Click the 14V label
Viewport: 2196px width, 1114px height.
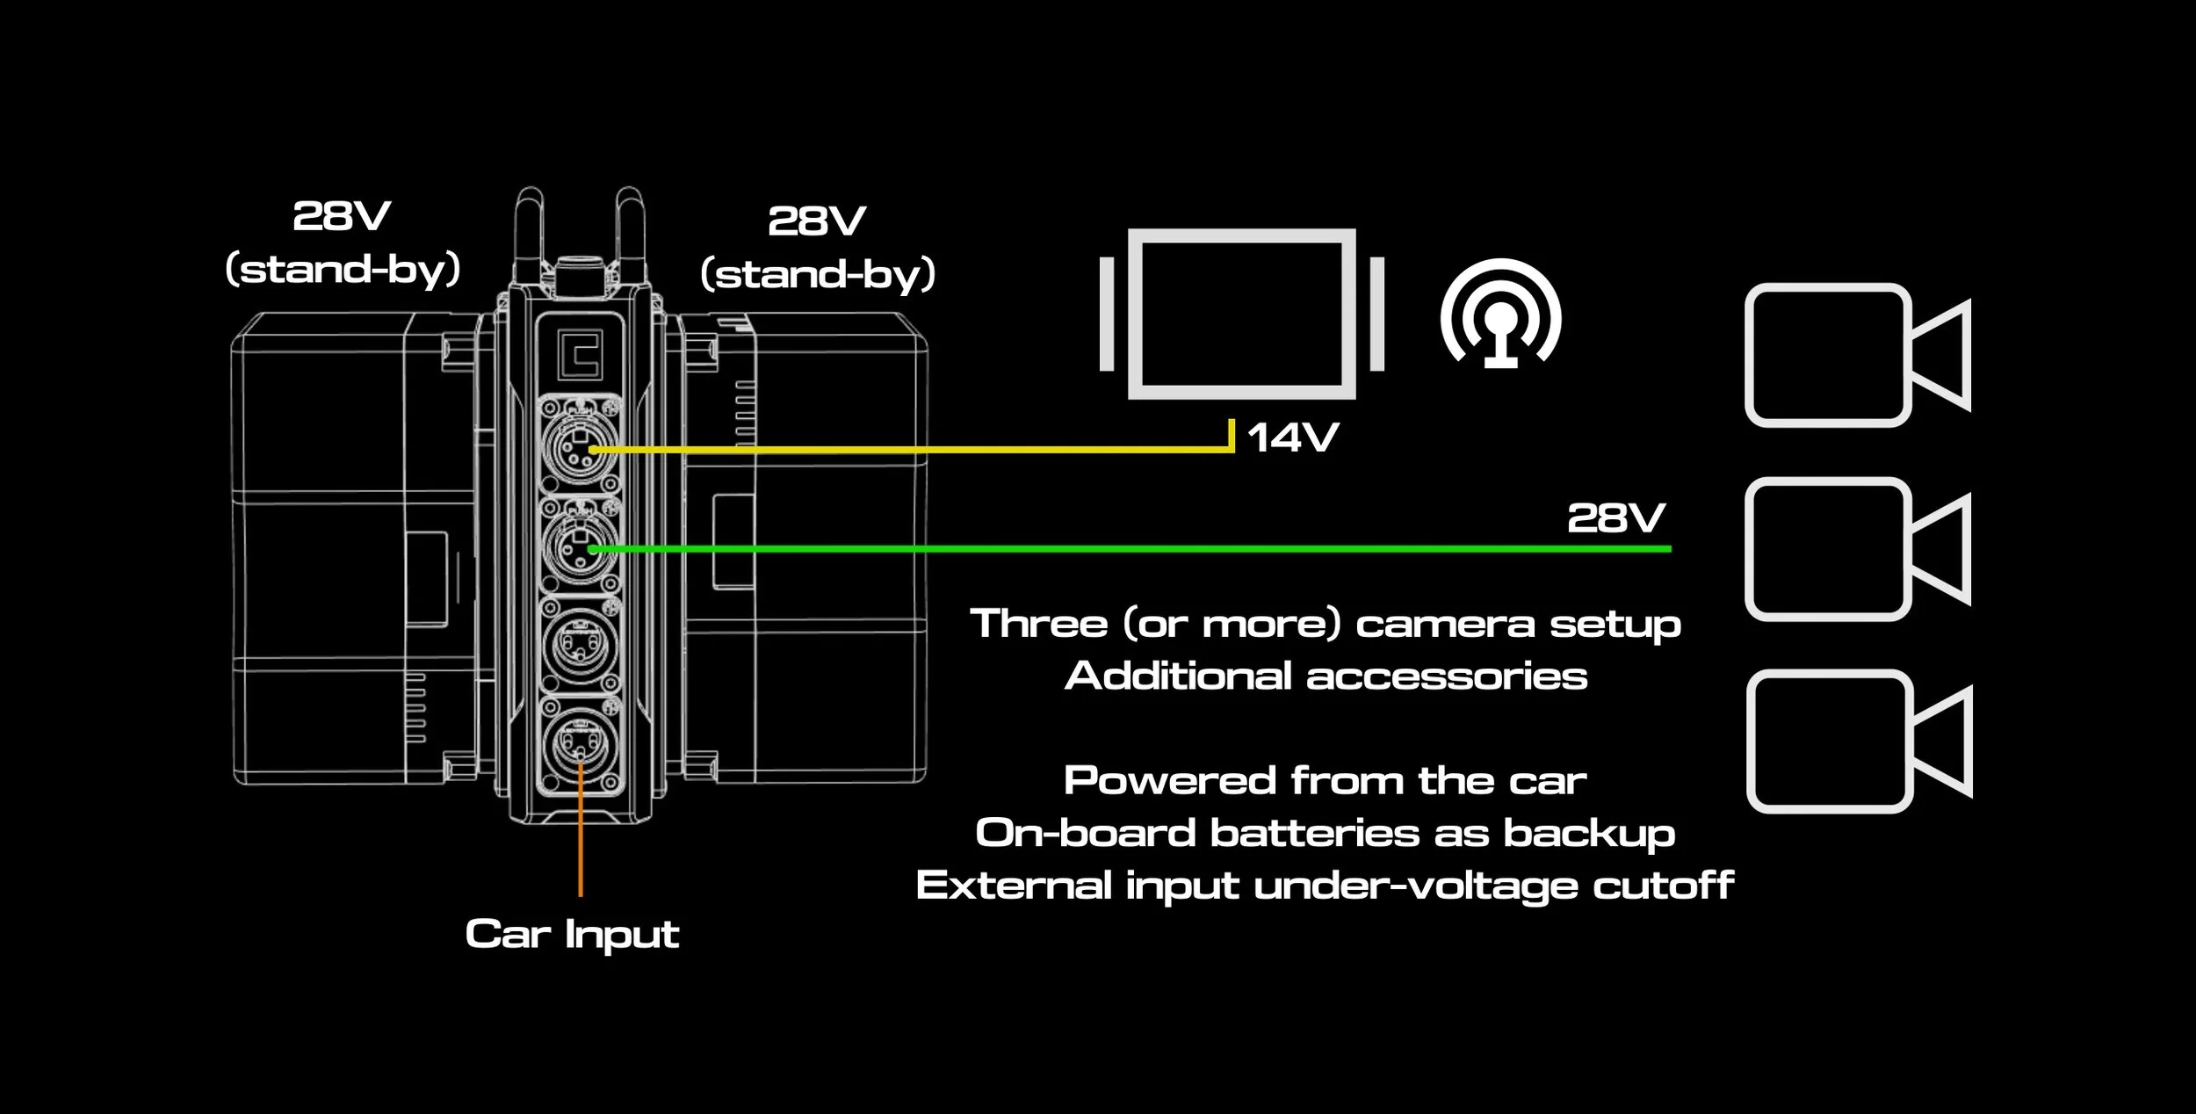click(x=1292, y=437)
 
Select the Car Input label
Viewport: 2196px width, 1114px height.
click(x=572, y=934)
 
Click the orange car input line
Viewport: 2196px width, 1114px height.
click(x=581, y=843)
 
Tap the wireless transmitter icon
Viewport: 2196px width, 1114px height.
click(x=1500, y=315)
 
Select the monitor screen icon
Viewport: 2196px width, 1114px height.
click(x=1241, y=314)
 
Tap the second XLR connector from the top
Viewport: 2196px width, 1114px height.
click(x=580, y=546)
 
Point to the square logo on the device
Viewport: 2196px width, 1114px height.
click(x=581, y=355)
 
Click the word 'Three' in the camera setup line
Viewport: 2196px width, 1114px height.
click(x=1038, y=624)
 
